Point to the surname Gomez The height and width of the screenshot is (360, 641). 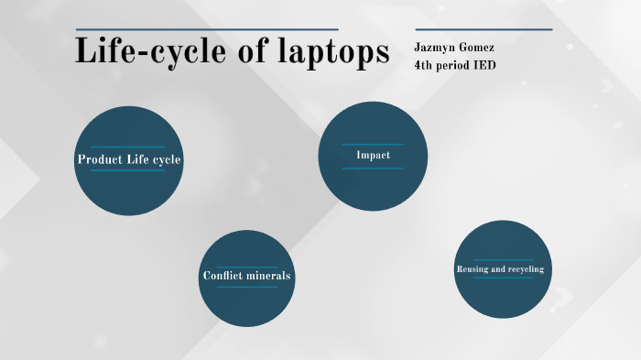pos(482,47)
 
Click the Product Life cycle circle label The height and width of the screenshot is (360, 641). pos(129,159)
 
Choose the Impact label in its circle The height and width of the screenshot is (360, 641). pos(373,156)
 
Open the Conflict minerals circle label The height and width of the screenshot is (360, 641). pos(247,276)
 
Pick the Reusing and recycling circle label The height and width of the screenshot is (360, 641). pos(500,269)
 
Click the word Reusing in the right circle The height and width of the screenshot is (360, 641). pos(473,269)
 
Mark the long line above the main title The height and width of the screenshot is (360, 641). pos(207,29)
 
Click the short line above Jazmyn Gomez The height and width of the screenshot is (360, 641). pos(483,29)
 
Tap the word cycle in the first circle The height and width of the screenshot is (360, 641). pos(167,159)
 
